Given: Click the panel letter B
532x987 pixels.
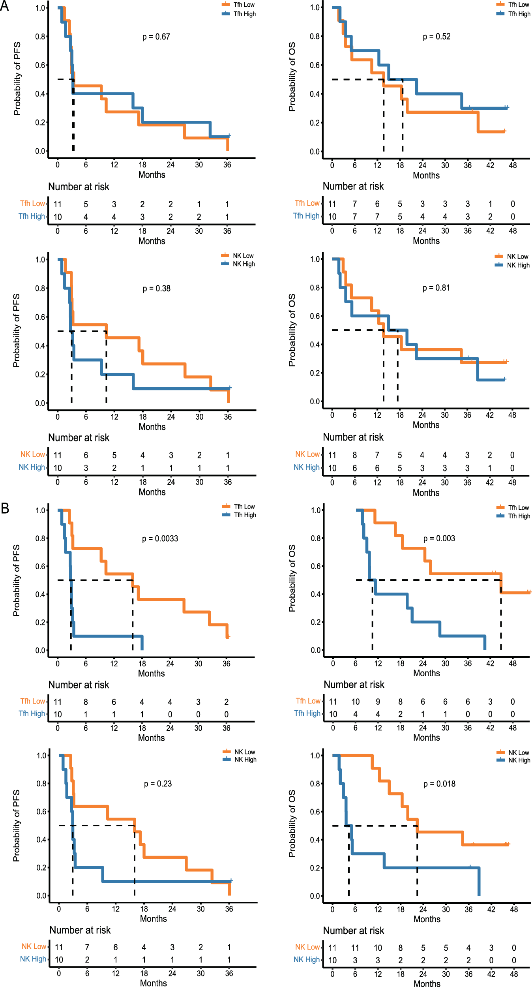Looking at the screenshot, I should pyautogui.click(x=5, y=508).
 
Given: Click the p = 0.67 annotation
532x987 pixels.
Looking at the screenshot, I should pyautogui.click(x=156, y=37).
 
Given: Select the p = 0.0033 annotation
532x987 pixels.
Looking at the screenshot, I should pyautogui.click(x=160, y=539).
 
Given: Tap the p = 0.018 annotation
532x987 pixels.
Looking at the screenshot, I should pyautogui.click(x=439, y=784).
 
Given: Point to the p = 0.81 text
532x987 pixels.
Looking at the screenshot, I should pyautogui.click(x=436, y=288).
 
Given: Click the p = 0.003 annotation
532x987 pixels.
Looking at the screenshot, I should pyautogui.click(x=439, y=539).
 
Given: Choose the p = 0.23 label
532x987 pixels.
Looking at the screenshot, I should pyautogui.click(x=158, y=784).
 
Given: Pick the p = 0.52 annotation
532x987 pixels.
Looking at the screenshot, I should pyautogui.click(x=436, y=37).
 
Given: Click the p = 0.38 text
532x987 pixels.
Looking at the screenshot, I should pyautogui.click(x=156, y=289).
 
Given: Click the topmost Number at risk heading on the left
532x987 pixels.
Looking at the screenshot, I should pyautogui.click(x=79, y=187).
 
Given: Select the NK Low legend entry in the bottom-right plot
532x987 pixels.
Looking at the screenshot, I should pyautogui.click(x=519, y=752).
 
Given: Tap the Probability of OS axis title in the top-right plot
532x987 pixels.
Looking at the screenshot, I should pyautogui.click(x=292, y=77).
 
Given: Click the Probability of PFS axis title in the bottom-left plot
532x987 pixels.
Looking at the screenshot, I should pyautogui.click(x=16, y=826).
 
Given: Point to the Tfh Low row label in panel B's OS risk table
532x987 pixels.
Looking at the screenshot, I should pyautogui.click(x=308, y=701).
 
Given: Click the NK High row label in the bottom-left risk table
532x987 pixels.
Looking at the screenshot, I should pyautogui.click(x=33, y=959).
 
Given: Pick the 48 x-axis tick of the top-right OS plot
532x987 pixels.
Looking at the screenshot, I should pyautogui.click(x=513, y=165).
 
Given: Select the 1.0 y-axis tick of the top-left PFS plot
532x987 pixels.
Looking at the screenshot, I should pyautogui.click(x=40, y=8).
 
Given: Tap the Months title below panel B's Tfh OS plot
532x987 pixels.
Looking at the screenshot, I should pyautogui.click(x=426, y=673).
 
